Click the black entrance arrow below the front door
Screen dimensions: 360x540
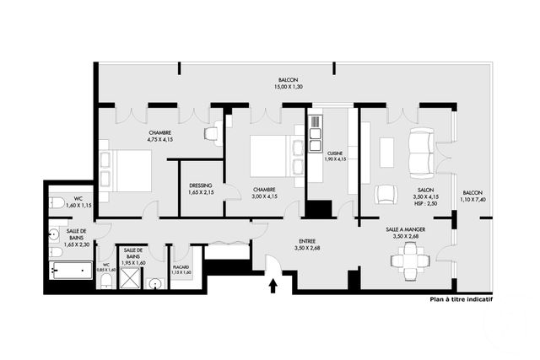273,287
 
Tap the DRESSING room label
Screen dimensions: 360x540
201,185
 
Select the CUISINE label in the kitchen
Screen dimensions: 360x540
335,153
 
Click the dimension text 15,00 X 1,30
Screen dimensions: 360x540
288,87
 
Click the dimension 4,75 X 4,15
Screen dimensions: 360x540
160,139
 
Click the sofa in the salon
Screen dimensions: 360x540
418,152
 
